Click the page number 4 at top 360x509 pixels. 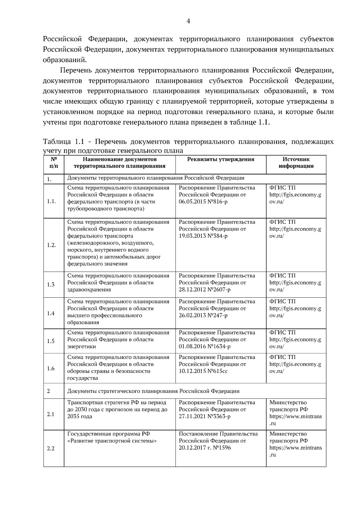188,21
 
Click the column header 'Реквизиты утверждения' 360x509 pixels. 220,159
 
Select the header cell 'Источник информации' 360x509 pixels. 296,163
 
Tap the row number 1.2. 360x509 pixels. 51,245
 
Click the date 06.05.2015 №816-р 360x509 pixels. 203,202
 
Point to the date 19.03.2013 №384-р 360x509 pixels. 203,236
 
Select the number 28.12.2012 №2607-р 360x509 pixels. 205,290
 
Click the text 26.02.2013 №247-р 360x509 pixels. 203,315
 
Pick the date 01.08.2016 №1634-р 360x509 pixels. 205,346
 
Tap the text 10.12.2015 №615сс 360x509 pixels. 203,371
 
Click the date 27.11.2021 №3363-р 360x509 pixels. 205,417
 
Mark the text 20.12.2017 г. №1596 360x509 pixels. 205,448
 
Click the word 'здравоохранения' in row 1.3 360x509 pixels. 89,290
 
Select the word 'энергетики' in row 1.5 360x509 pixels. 82,346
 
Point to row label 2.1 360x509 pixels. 51,414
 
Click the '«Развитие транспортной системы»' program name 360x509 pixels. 112,441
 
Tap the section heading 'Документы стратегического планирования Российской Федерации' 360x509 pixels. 153,391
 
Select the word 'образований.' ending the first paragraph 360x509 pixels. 64,60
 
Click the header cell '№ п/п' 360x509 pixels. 53,163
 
